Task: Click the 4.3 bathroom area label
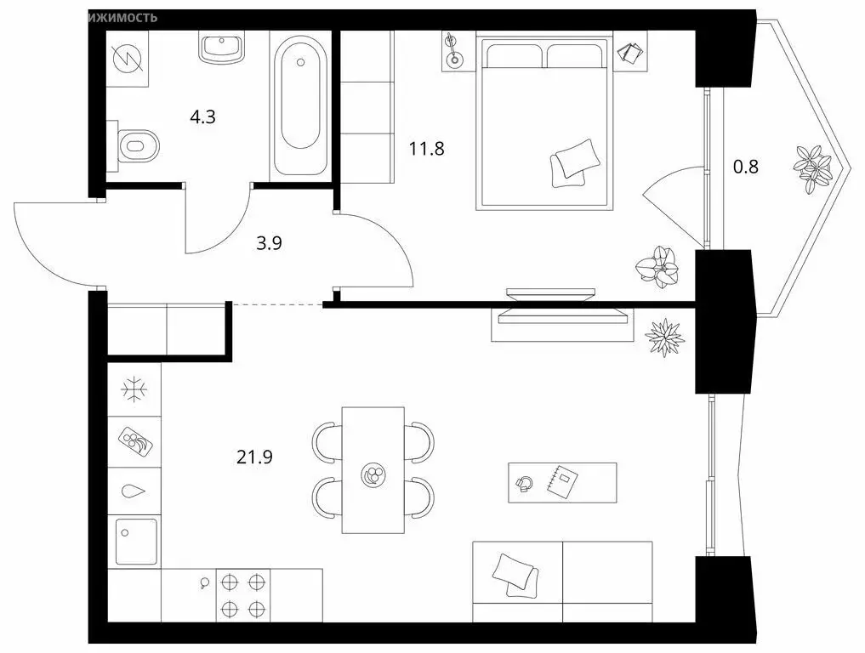point(202,117)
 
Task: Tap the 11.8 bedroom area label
point(426,150)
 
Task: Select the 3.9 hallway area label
point(269,242)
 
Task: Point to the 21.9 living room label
point(254,457)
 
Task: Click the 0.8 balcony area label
point(745,167)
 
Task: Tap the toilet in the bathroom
point(137,145)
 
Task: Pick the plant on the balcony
point(813,165)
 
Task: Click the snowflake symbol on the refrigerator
point(134,390)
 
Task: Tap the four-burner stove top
point(242,595)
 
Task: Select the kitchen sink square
point(136,541)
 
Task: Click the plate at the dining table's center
point(373,475)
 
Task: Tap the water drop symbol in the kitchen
point(134,491)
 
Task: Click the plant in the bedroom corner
point(658,264)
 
